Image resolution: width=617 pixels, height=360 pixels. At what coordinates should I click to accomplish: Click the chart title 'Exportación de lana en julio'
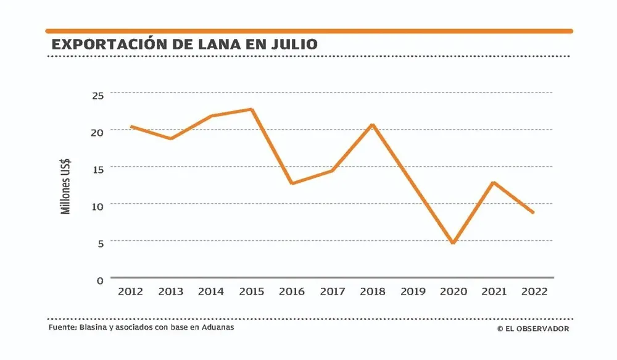coord(184,44)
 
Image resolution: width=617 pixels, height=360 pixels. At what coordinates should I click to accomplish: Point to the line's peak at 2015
coord(252,110)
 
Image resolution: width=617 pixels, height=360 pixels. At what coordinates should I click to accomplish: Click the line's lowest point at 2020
coord(453,243)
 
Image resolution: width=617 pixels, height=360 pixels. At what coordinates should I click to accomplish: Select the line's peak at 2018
coord(372,125)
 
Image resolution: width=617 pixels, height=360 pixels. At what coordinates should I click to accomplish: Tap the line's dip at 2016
coord(291,183)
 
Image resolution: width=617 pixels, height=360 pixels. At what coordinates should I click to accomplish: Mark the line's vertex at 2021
coord(494,183)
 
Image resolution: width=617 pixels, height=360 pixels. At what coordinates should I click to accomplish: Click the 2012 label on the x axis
coord(130,291)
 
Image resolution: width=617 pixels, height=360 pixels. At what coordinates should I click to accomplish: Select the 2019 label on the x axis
coord(412,291)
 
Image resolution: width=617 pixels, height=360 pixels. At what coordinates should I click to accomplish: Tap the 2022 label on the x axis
coord(534,291)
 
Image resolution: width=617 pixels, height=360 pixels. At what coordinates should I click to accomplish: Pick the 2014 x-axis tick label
coord(210,291)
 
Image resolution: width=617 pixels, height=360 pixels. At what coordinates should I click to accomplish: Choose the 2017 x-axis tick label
coord(332,291)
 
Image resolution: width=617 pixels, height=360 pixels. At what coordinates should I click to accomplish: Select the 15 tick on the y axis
coord(98,169)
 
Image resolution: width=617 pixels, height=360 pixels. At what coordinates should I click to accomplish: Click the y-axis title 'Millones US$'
coord(66,185)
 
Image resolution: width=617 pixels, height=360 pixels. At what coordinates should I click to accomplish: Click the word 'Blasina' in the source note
coord(94,327)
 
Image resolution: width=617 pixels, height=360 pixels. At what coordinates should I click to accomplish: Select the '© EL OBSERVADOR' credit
coord(533,329)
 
